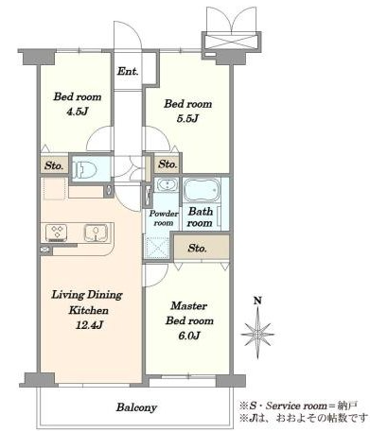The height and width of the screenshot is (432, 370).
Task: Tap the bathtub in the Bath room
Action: pyautogui.click(x=202, y=190)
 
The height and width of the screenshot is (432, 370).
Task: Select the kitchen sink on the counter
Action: pyautogui.click(x=97, y=233)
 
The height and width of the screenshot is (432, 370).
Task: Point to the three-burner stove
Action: pyautogui.click(x=57, y=233)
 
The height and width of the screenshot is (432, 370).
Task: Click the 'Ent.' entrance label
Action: pyautogui.click(x=128, y=71)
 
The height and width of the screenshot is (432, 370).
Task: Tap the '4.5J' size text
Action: pyautogui.click(x=77, y=111)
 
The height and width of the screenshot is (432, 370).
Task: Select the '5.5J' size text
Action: pyautogui.click(x=187, y=118)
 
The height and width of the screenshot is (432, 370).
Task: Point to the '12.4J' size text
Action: pyautogui.click(x=89, y=325)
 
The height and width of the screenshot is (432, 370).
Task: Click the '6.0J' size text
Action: pyautogui.click(x=189, y=336)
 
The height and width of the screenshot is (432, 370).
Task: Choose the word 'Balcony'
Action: pyautogui.click(x=136, y=407)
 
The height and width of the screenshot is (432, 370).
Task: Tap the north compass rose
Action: pyautogui.click(x=257, y=334)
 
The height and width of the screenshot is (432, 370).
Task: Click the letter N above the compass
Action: pyautogui.click(x=257, y=301)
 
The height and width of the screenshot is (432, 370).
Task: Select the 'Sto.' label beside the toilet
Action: pyautogui.click(x=54, y=165)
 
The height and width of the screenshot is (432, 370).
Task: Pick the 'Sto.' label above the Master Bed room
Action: pyautogui.click(x=197, y=249)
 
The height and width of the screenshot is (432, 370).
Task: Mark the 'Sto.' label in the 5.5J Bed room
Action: pyautogui.click(x=167, y=164)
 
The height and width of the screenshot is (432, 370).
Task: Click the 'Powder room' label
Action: pyautogui.click(x=164, y=218)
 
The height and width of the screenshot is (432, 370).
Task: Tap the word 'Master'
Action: pyautogui.click(x=189, y=305)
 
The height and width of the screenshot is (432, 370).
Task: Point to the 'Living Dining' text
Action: pyautogui.click(x=87, y=295)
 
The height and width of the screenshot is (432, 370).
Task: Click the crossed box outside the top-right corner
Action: pyautogui.click(x=232, y=41)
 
